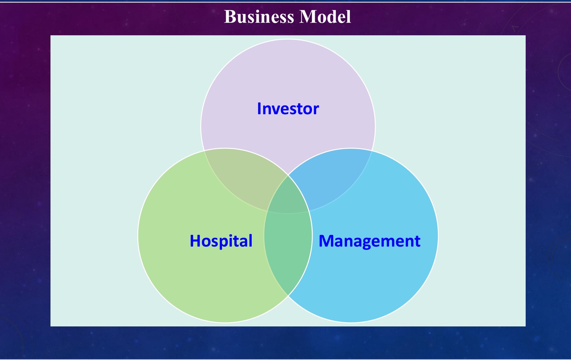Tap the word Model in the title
(x=325, y=17)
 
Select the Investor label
(x=288, y=108)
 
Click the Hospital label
(x=221, y=241)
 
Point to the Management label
(x=369, y=241)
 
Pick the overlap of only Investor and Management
(x=333, y=177)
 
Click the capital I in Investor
(x=259, y=108)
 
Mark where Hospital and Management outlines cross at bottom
(x=288, y=296)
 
